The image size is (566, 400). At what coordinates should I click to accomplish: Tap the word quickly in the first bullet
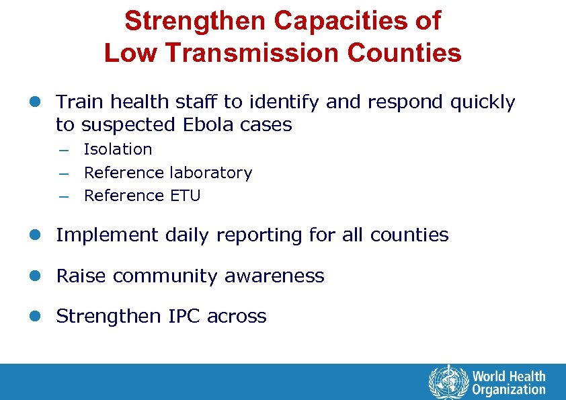coord(483,102)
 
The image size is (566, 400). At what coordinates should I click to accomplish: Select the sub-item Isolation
coord(118,149)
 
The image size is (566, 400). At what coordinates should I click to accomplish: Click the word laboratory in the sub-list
coord(210,173)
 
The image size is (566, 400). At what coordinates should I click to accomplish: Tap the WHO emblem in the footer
coord(448,381)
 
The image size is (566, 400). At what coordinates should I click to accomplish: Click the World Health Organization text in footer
coord(509,382)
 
